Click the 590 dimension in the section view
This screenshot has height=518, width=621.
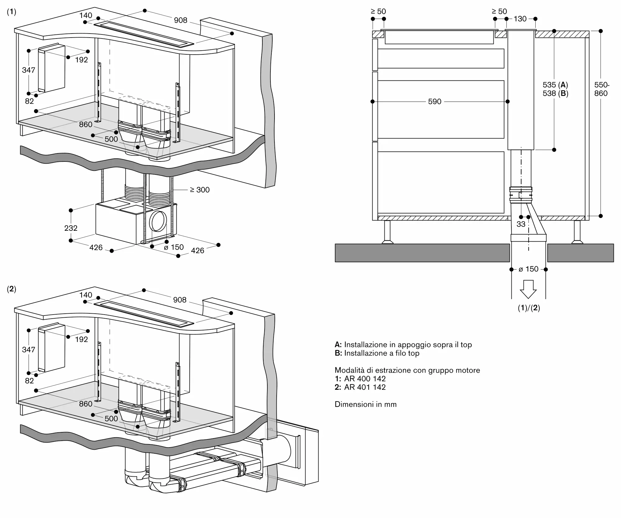(x=434, y=102)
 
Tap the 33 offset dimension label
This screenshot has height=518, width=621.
(x=521, y=224)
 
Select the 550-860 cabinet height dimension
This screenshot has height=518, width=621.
(x=602, y=89)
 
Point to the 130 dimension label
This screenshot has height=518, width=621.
(x=520, y=19)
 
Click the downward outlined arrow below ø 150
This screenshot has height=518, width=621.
(x=528, y=289)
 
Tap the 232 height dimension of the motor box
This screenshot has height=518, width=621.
(x=71, y=228)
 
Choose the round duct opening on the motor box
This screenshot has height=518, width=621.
(x=158, y=221)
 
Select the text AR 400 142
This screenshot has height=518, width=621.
(x=365, y=379)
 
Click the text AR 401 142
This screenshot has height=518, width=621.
(x=365, y=387)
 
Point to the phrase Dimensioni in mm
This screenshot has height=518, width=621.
(x=366, y=404)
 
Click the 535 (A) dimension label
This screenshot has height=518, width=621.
(x=555, y=85)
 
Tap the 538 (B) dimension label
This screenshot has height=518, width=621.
(x=555, y=93)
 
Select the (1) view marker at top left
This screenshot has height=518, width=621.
(x=11, y=12)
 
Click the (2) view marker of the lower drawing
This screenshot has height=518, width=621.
(x=11, y=289)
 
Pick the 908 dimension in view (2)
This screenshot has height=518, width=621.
(x=180, y=300)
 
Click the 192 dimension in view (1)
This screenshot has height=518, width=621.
(x=82, y=60)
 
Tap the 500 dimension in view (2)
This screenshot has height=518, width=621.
(x=111, y=418)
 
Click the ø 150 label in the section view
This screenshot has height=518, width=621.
(x=528, y=269)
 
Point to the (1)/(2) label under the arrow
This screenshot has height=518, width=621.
(x=529, y=308)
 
